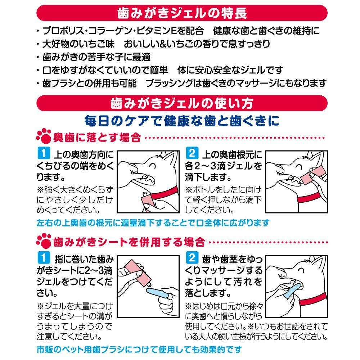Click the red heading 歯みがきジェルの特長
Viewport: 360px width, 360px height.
pos(182,13)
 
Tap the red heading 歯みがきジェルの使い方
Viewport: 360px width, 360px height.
pos(182,103)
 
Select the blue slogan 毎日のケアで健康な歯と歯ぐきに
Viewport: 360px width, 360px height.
pos(182,121)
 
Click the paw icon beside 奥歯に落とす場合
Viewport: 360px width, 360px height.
pos(44,136)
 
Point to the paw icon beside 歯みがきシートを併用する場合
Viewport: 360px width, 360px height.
pos(44,240)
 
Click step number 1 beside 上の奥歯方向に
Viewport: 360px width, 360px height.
pos(44,153)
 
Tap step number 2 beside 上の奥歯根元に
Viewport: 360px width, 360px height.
pos(192,153)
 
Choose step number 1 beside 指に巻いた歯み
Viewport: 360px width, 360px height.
pos(44,258)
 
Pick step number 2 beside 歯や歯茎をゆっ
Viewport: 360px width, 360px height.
pos(192,258)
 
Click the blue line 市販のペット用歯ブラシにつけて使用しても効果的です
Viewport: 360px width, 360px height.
pos(139,350)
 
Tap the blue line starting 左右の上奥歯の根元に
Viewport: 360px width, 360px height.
pos(153,223)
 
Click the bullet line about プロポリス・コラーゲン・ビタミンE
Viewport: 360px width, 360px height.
pos(178,31)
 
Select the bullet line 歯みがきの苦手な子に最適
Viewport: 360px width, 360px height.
pos(94,57)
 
